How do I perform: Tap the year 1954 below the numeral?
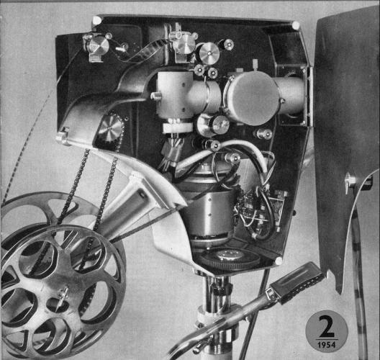(327, 345)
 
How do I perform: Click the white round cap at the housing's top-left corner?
(96, 20)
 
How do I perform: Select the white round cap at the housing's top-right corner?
(296, 25)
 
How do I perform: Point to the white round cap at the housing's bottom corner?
(279, 261)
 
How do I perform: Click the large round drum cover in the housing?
(252, 99)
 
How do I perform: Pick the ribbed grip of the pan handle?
(296, 282)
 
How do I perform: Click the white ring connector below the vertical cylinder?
(177, 127)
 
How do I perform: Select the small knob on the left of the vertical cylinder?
(155, 96)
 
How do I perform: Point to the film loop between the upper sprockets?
(140, 52)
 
